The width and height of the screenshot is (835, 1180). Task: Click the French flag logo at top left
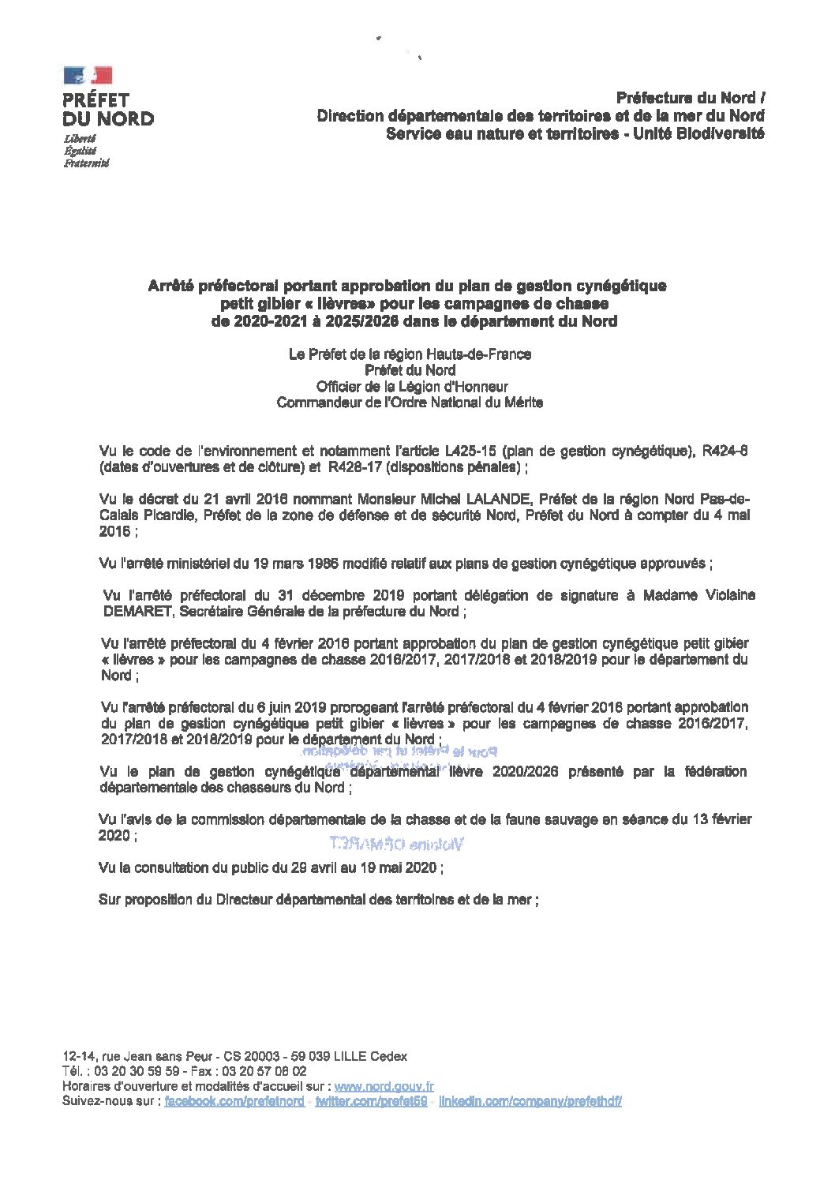[88, 75]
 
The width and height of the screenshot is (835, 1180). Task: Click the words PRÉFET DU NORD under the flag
[108, 110]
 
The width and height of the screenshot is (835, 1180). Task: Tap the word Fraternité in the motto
[86, 163]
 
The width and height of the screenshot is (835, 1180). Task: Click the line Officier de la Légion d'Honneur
[411, 387]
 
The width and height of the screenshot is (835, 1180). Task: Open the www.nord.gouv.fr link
[384, 1087]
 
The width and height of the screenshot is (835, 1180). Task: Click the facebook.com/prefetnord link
[234, 1101]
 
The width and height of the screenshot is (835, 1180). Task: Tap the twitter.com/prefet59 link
[371, 1101]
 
